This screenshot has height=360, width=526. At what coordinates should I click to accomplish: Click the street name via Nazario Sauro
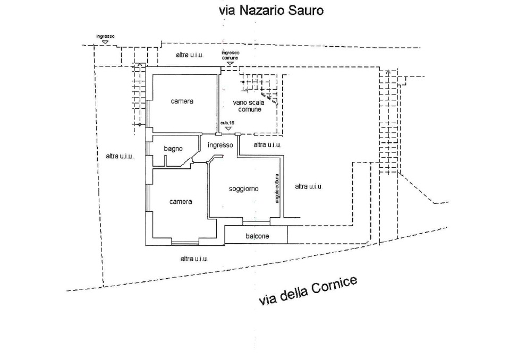(x=271, y=11)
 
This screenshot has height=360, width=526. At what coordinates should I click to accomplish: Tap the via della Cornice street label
(x=308, y=290)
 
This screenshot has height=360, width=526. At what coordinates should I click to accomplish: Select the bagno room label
(x=173, y=149)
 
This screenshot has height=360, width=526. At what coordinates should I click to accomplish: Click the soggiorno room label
(x=243, y=188)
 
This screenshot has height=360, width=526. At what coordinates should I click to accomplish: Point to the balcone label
(x=257, y=236)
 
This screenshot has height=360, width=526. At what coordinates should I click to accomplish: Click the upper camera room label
(x=182, y=101)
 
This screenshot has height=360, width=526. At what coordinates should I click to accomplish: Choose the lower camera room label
(x=181, y=201)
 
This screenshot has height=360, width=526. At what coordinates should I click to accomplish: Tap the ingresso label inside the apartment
(x=220, y=145)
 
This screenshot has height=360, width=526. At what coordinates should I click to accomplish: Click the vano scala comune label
(x=249, y=106)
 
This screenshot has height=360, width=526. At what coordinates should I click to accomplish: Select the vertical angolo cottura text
(x=277, y=188)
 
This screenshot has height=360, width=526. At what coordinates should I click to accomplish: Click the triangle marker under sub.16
(x=228, y=128)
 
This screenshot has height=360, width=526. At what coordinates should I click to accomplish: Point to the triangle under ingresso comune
(x=230, y=63)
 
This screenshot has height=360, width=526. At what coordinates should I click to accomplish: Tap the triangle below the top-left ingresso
(x=105, y=42)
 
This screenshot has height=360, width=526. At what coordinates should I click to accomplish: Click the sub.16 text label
(x=227, y=123)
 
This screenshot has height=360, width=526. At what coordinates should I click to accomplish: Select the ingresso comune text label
(x=231, y=55)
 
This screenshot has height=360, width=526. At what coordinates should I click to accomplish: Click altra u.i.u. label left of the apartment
(x=120, y=156)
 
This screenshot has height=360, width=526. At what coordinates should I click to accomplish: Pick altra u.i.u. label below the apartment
(x=194, y=259)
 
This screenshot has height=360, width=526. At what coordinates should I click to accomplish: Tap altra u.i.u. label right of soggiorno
(x=309, y=186)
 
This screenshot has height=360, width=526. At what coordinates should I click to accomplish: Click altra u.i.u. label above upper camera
(x=190, y=55)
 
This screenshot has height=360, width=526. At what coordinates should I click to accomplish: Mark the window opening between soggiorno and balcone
(x=256, y=222)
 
